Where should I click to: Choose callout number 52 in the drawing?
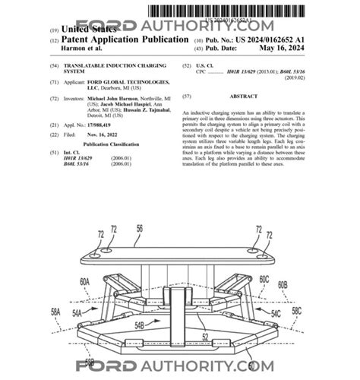pyautogui.click(x=204, y=335)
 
